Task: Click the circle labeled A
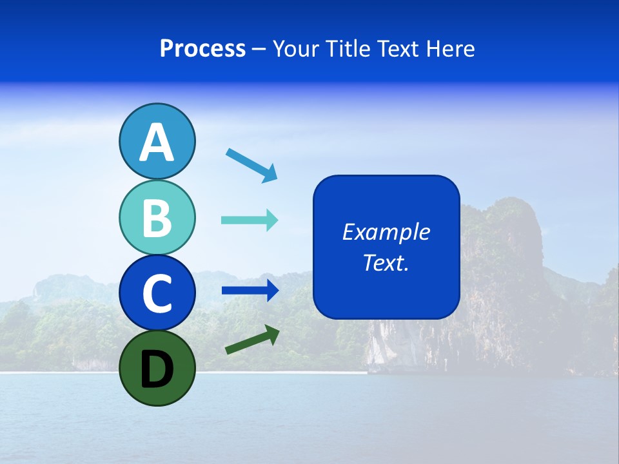[157, 141]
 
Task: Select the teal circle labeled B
[157, 217]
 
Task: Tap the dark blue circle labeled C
[157, 293]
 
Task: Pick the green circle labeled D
[157, 368]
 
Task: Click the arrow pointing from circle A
[251, 165]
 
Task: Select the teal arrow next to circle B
[250, 220]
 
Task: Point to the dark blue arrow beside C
[250, 290]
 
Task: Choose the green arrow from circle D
[252, 340]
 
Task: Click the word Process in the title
[202, 49]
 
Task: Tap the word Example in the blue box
[386, 232]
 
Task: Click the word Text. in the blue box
[386, 262]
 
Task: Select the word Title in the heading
[344, 49]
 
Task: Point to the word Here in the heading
[451, 49]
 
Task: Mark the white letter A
[157, 142]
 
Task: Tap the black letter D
[157, 369]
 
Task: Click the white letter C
[157, 294]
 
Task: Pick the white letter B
[157, 218]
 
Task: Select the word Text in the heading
[397, 49]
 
